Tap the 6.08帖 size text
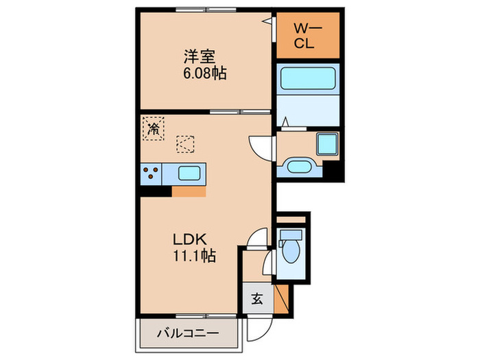(x=204, y=72)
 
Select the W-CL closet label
(x=307, y=35)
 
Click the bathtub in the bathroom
(x=308, y=78)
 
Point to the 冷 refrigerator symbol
(x=154, y=128)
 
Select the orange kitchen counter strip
(x=188, y=191)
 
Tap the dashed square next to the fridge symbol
(x=185, y=144)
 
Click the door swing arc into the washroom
(x=261, y=146)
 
